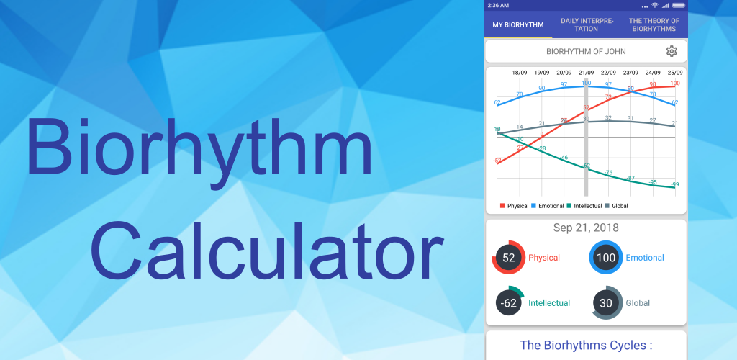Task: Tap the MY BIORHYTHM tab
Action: tap(518, 25)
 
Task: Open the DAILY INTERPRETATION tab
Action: tap(587, 25)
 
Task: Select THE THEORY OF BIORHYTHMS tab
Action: tap(654, 25)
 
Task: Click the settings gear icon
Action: tap(672, 51)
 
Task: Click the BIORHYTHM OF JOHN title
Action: tap(586, 52)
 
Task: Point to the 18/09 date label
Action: tap(520, 73)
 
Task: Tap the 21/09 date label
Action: tap(587, 73)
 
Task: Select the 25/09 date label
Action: tap(675, 73)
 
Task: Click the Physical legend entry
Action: tap(515, 206)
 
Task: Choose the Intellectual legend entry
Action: tap(584, 206)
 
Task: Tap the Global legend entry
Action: tap(616, 206)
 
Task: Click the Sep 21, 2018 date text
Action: tap(586, 228)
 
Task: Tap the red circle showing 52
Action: tap(509, 258)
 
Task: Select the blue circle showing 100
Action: tap(607, 258)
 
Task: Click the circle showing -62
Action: tap(509, 303)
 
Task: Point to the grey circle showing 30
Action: tap(607, 303)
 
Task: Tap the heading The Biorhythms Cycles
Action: tap(586, 346)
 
